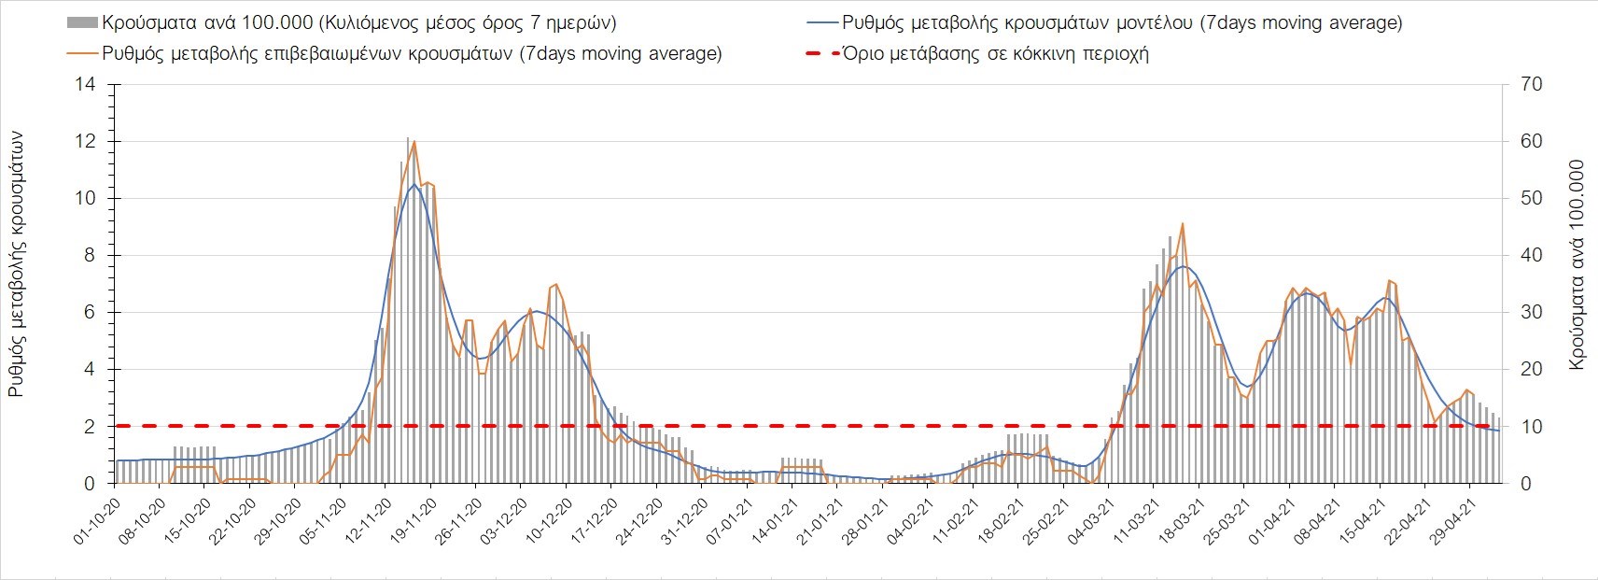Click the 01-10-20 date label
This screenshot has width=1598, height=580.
click(98, 521)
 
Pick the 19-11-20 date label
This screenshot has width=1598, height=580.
click(414, 521)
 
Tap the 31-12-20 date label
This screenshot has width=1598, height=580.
click(684, 521)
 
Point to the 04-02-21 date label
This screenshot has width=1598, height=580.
click(910, 521)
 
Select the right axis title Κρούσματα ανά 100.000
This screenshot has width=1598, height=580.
click(1577, 265)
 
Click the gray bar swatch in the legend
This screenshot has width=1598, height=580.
click(82, 22)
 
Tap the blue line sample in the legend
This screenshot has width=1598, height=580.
click(820, 22)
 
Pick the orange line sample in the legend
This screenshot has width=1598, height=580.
click(82, 53)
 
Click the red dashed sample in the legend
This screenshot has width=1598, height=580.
click(820, 53)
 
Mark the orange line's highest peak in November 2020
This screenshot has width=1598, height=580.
click(414, 142)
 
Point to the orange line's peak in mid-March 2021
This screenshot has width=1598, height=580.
click(1183, 224)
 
